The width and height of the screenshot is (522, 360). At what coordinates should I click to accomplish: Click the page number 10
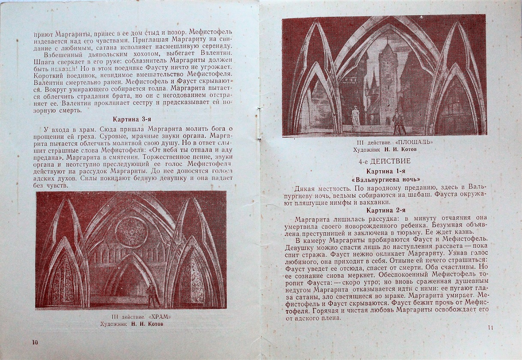(x=35, y=342)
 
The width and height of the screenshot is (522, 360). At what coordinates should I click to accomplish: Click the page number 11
(x=491, y=328)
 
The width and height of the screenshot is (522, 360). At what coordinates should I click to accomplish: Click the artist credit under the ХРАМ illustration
(x=131, y=324)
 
